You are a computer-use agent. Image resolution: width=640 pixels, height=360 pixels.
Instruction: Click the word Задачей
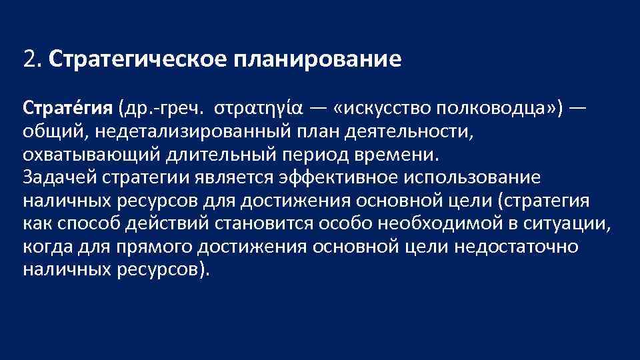click(x=59, y=178)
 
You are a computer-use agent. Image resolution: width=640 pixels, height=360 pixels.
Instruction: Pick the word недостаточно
click(x=517, y=247)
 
